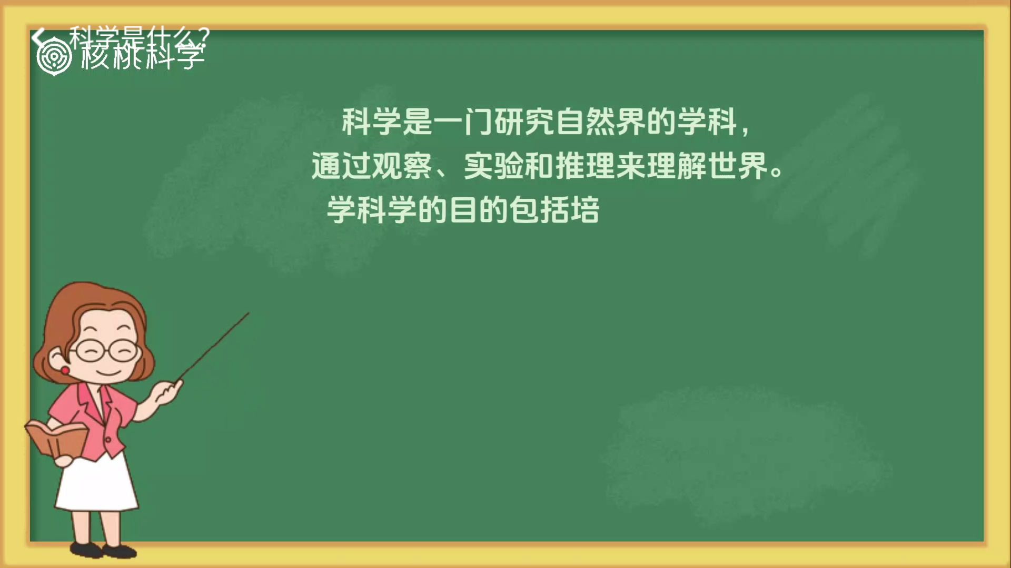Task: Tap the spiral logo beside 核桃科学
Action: pos(54,57)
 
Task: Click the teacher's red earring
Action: pos(65,371)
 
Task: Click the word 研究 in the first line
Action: pos(524,121)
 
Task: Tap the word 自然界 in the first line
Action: pos(600,121)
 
